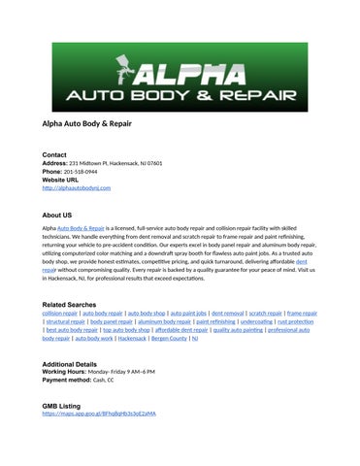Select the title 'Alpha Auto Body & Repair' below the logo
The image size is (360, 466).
(86, 124)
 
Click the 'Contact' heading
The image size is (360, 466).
(54, 155)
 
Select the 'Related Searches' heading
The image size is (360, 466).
(75, 305)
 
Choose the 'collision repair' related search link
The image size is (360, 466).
(60, 315)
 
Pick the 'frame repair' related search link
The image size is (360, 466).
(302, 315)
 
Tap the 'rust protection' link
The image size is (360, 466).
(295, 322)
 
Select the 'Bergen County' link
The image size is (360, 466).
(168, 339)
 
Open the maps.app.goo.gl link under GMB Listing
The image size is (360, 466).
(99, 414)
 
